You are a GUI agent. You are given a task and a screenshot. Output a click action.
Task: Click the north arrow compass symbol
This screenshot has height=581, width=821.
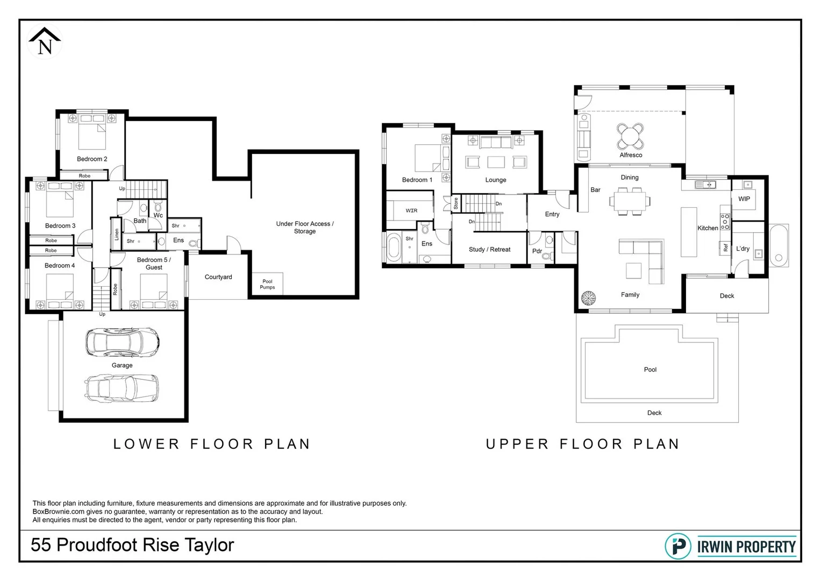pyautogui.click(x=45, y=42)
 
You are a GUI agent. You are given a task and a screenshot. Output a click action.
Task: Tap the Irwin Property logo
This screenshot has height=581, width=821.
pyautogui.click(x=730, y=547)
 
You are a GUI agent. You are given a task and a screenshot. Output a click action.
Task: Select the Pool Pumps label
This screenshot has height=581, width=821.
pyautogui.click(x=267, y=284)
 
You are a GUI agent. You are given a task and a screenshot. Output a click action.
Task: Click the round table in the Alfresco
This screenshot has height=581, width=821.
pyautogui.click(x=630, y=136)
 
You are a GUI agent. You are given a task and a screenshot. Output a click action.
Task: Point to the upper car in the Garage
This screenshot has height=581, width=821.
pyautogui.click(x=122, y=342)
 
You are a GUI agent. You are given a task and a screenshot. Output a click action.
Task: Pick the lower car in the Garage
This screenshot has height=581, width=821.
pyautogui.click(x=122, y=387)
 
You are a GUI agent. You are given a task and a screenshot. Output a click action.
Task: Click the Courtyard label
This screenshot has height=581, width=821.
pyautogui.click(x=218, y=277)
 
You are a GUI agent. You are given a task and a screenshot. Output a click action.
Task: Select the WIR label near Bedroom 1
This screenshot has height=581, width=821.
pyautogui.click(x=411, y=210)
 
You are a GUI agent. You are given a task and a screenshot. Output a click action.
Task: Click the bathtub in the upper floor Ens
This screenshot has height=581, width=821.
pyautogui.click(x=394, y=247)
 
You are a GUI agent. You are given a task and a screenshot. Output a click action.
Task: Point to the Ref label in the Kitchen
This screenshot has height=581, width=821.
pyautogui.click(x=725, y=248)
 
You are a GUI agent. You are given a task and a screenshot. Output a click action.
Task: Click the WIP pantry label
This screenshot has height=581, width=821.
pyautogui.click(x=744, y=199)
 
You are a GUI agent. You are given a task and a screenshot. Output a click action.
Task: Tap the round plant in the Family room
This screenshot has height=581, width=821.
pyautogui.click(x=588, y=297)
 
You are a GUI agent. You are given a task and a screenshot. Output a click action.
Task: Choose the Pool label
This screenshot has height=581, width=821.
pyautogui.click(x=650, y=370)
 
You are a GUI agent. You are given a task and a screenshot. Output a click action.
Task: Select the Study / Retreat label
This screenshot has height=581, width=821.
pyautogui.click(x=489, y=250)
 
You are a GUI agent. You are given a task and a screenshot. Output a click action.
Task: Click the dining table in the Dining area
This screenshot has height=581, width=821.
pyautogui.click(x=629, y=201)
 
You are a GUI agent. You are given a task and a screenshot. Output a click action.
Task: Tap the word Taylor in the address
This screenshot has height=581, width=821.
pyautogui.click(x=210, y=545)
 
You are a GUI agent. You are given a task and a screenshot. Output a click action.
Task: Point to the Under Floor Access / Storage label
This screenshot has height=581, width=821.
pyautogui.click(x=304, y=228)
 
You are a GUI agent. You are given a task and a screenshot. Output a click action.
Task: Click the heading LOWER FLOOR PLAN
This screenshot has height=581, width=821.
pyautogui.click(x=212, y=444)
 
